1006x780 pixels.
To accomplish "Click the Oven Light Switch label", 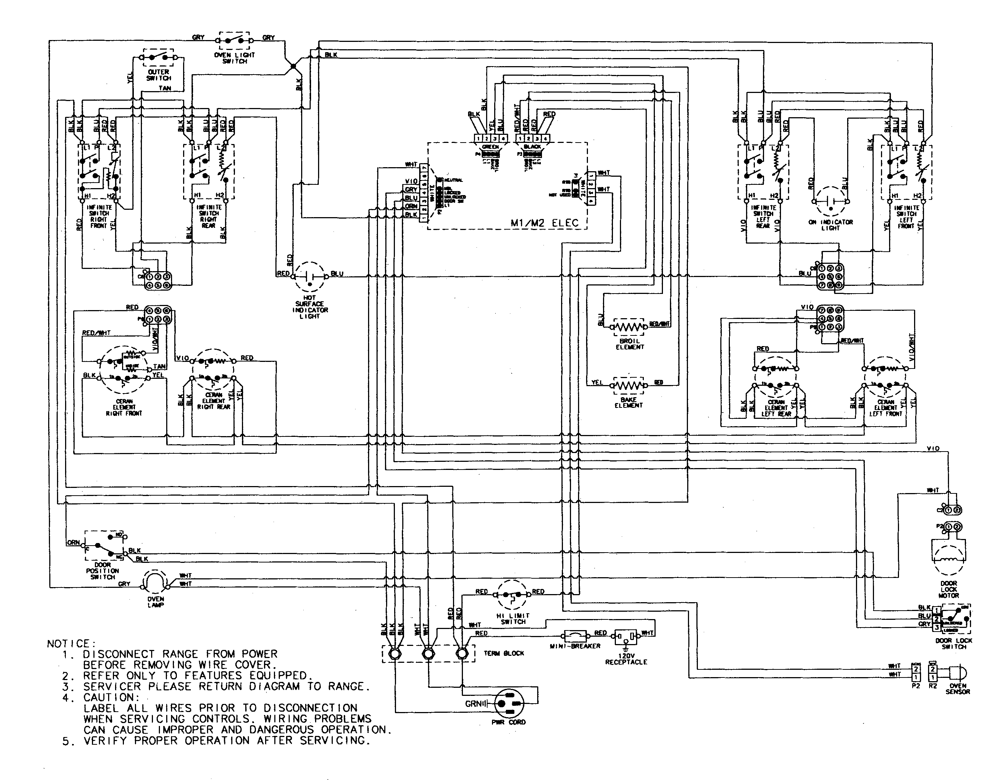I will pyautogui.click(x=235, y=58).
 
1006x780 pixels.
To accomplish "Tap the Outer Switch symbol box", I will pyautogui.click(x=158, y=58).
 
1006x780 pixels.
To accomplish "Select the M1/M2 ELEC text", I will pyautogui.click(x=545, y=223).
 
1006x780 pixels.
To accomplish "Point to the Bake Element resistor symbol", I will pyautogui.click(x=629, y=385).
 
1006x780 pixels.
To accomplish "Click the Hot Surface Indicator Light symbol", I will pyautogui.click(x=310, y=277).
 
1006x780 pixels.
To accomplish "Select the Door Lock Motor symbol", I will pyautogui.click(x=948, y=559).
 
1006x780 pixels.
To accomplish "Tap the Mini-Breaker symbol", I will pyautogui.click(x=575, y=637).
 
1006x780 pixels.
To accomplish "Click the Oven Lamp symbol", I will pyautogui.click(x=155, y=583).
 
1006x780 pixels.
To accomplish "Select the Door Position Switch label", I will pyautogui.click(x=102, y=571).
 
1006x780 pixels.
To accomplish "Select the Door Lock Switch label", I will pyautogui.click(x=953, y=643).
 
